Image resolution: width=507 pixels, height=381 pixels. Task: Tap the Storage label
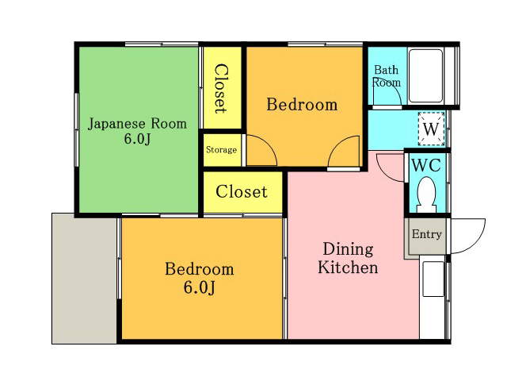tap(222, 150)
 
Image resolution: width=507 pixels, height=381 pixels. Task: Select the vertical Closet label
tap(222, 89)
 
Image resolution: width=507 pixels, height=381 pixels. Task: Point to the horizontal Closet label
tap(242, 191)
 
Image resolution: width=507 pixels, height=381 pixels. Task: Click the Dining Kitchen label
tap(348, 258)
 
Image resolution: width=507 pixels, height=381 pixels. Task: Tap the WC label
tap(426, 166)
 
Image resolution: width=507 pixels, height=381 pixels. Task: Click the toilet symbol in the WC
tap(426, 194)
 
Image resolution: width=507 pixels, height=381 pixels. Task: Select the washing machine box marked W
tap(431, 129)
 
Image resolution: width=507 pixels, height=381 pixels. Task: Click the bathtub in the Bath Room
tap(425, 76)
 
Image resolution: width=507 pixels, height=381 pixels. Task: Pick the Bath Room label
tap(387, 76)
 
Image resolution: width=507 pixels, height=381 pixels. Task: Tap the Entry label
tap(427, 234)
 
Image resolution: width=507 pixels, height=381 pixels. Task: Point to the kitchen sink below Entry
tap(433, 279)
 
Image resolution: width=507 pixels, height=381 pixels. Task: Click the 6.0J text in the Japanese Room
tap(137, 139)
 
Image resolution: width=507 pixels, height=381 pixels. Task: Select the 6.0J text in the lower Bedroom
tap(199, 287)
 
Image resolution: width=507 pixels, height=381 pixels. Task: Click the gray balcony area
tap(85, 279)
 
